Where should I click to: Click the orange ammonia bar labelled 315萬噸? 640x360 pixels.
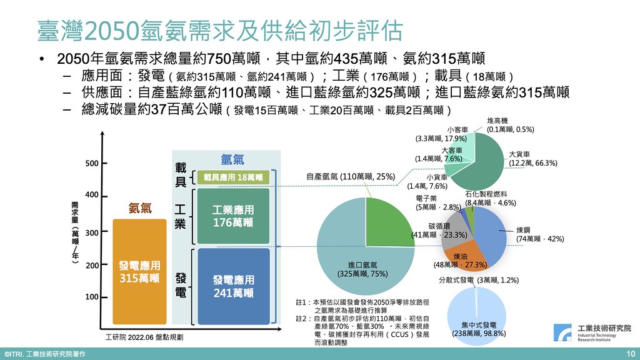coord(139,271)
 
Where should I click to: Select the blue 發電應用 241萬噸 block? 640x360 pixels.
coord(234,286)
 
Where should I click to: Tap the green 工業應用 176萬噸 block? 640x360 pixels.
coord(233,216)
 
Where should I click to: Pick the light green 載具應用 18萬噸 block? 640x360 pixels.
coord(233,177)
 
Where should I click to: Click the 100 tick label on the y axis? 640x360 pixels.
coord(92,297)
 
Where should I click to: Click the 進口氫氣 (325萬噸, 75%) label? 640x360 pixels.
coord(362,269)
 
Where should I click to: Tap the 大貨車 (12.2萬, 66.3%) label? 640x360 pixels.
coord(532,159)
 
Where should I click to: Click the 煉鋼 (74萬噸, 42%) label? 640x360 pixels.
coord(539,234)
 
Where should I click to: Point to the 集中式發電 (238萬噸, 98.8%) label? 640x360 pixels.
coord(478,329)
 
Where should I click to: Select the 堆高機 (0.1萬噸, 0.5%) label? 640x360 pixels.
coord(510,125)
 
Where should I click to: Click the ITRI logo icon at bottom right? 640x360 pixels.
coord(562,332)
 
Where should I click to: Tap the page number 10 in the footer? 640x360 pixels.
coord(631,354)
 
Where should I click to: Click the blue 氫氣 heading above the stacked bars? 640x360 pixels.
coord(232,159)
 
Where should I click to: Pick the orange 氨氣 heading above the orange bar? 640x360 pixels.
coord(140,208)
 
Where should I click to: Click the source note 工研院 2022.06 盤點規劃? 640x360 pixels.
coord(144,337)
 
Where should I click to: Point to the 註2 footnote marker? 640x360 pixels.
coord(301,318)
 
